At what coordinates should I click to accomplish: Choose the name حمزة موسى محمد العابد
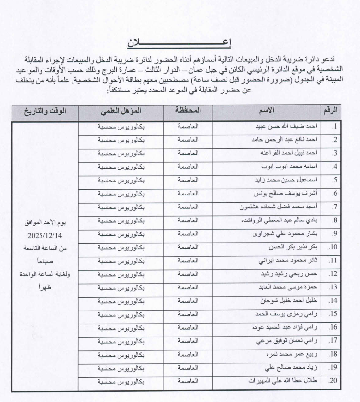(x=288, y=287)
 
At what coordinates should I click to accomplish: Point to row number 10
(x=332, y=247)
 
